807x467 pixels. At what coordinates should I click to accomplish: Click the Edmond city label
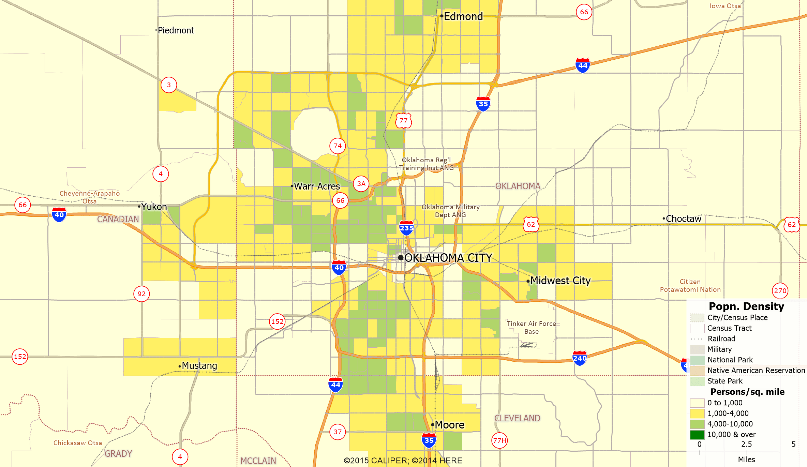[x=463, y=16]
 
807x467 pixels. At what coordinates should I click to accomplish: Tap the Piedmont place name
[x=176, y=30]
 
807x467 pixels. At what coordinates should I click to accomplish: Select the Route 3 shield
[x=169, y=85]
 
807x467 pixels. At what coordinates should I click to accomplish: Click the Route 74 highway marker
[x=338, y=146]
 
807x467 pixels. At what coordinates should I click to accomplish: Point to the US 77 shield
[x=403, y=121]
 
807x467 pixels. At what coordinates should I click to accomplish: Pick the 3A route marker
[x=361, y=184]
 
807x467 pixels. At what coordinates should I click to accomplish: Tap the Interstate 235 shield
[x=406, y=228]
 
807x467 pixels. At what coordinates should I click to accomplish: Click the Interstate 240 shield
[x=580, y=358]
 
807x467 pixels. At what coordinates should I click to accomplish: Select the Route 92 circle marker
[x=141, y=294]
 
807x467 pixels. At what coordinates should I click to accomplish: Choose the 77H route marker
[x=499, y=440]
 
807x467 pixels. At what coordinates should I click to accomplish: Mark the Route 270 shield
[x=780, y=291]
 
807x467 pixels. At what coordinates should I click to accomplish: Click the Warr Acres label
[x=317, y=186]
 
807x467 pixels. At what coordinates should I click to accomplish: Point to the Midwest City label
[x=560, y=281]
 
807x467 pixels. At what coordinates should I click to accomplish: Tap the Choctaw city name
[x=683, y=219]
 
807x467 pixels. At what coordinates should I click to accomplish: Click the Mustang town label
[x=199, y=365]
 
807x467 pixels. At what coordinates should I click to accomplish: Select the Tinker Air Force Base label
[x=531, y=327]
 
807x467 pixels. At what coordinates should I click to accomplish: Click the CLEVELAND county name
[x=517, y=418]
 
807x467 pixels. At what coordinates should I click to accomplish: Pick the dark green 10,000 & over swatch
[x=697, y=435]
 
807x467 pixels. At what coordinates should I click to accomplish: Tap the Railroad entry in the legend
[x=721, y=338]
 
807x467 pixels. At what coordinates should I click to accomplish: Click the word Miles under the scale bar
[x=746, y=460]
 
